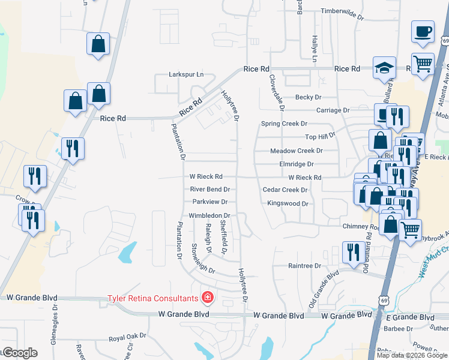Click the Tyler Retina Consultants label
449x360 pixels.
pyautogui.click(x=152, y=298)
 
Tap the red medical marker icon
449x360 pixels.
pyautogui.click(x=208, y=297)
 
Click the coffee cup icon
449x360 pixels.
pyautogui.click(x=423, y=31)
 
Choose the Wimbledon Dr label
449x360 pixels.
pyautogui.click(x=209, y=215)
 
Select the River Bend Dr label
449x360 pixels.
pyautogui.click(x=210, y=189)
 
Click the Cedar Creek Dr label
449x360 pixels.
pyautogui.click(x=285, y=190)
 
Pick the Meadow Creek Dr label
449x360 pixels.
pyautogui.click(x=297, y=151)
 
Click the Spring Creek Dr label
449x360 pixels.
pyautogui.click(x=284, y=124)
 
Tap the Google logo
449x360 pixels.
pyautogui.click(x=20, y=353)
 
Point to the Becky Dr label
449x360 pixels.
pyautogui.click(x=309, y=97)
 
